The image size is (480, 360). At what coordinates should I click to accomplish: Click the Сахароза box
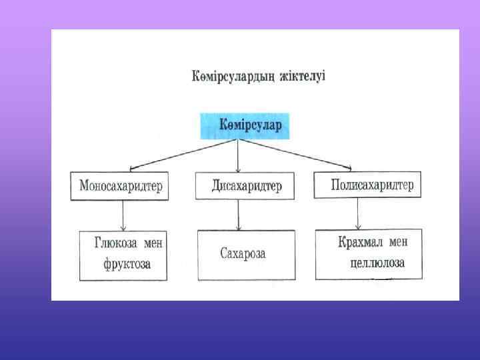[x=245, y=255]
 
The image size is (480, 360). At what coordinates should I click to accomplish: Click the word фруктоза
[x=127, y=264]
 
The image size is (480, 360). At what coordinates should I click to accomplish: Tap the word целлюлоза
[x=377, y=263]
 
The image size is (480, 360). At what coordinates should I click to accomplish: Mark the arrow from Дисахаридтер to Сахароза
[x=239, y=215]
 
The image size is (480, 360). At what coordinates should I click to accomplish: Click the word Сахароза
[x=243, y=254]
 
